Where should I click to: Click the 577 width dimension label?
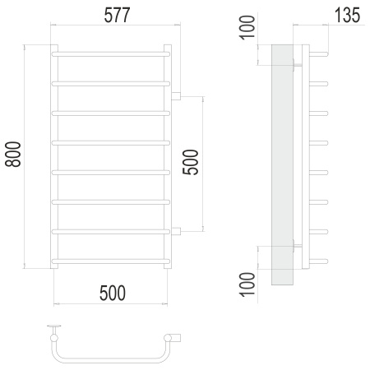[117, 16]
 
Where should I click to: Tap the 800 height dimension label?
[13, 155]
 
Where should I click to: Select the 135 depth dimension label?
[347, 16]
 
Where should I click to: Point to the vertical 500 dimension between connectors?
[190, 162]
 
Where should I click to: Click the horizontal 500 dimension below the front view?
[113, 293]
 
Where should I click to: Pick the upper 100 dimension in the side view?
[247, 27]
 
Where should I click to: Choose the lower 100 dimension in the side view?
[247, 284]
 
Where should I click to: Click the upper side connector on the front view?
[176, 96]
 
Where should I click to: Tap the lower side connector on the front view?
[176, 232]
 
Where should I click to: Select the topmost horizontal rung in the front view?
[111, 54]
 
